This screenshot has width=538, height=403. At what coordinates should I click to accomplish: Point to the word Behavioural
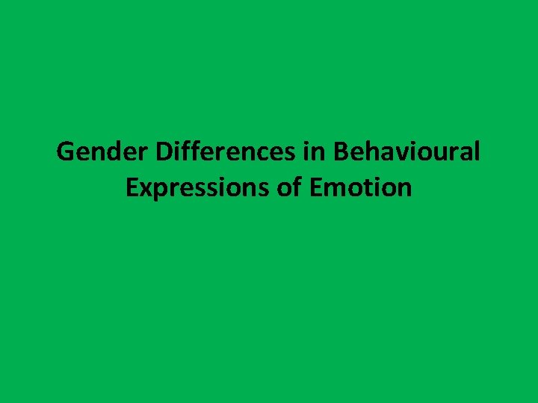click(x=406, y=152)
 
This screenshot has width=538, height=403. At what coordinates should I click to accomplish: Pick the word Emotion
click(x=360, y=188)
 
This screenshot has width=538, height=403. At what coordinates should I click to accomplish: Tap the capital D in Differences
click(x=163, y=152)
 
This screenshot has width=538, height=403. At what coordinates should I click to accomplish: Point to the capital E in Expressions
click(x=132, y=188)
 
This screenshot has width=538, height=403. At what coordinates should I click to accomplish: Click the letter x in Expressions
click(x=145, y=190)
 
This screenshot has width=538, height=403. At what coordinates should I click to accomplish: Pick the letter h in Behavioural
click(x=369, y=152)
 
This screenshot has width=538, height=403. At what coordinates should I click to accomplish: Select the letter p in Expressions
click(x=159, y=191)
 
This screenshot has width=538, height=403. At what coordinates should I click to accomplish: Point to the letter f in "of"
click(x=297, y=188)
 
